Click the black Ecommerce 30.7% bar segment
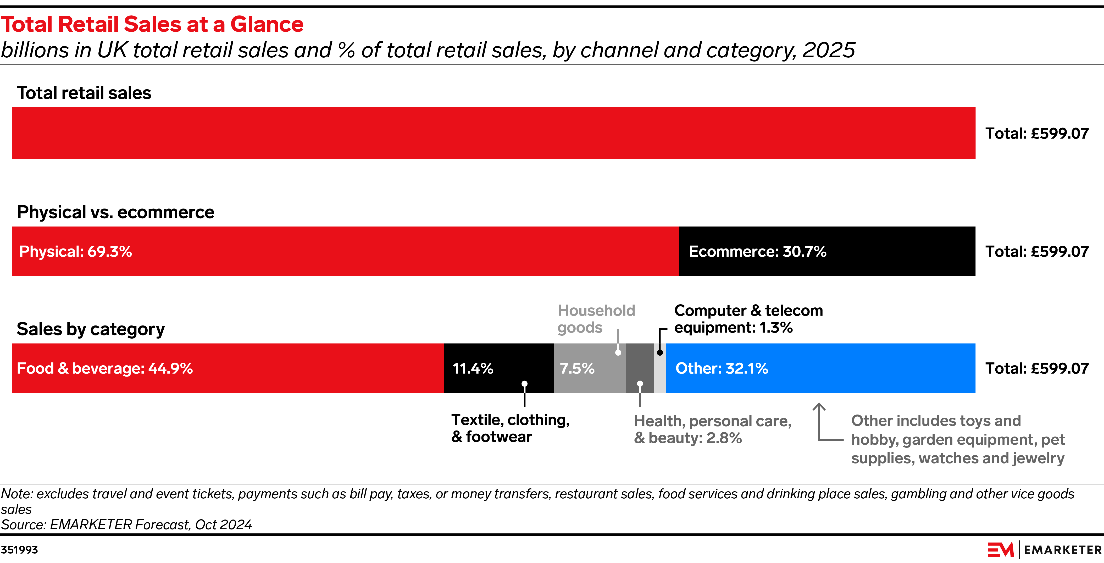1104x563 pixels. coord(827,251)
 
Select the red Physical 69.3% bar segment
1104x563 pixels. coord(345,251)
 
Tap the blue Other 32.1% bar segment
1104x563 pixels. coord(820,368)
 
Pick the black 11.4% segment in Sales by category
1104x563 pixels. coord(499,368)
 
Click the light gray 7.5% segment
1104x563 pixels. coord(590,368)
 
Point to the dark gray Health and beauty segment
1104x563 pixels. coord(640,368)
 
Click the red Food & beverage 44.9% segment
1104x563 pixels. coord(228,368)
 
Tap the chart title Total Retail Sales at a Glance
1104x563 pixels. coord(152,24)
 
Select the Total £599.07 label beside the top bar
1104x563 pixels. coord(1037,133)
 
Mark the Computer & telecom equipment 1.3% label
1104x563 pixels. coord(748,319)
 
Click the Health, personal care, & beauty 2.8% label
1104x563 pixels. coord(712,429)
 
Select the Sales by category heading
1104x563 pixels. coord(90,329)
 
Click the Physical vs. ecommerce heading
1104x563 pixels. coord(115,212)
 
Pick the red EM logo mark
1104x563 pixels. coord(1001,549)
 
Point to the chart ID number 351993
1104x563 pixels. coord(19,550)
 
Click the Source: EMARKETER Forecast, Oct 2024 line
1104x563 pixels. coord(126,525)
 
